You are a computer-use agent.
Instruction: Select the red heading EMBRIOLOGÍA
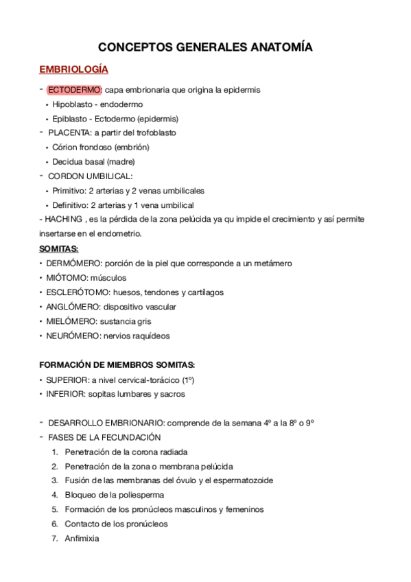[x=73, y=70]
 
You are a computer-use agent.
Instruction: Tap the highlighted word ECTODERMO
[x=74, y=90]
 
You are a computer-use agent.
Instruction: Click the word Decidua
[x=68, y=161]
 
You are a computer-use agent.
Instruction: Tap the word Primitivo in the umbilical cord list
[x=70, y=190]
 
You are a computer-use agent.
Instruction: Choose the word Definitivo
[x=71, y=205]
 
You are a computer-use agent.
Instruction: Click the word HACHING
[x=63, y=219]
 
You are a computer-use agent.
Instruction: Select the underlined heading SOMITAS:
[x=59, y=248]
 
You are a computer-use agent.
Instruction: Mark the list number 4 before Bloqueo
[x=54, y=495]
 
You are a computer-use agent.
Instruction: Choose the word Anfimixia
[x=82, y=538]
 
